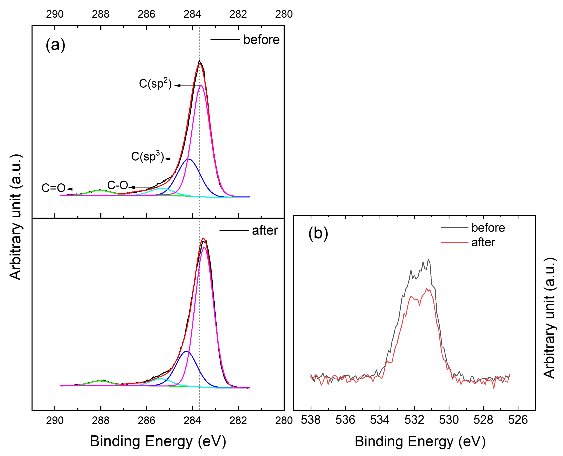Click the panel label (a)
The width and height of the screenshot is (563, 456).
(x=55, y=45)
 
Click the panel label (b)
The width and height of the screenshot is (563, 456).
(x=318, y=233)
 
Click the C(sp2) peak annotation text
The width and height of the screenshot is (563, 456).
(x=155, y=84)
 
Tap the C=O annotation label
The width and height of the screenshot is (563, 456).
(x=54, y=188)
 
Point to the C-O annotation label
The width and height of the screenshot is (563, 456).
(x=118, y=186)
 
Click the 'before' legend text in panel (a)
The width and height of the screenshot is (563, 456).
(x=261, y=40)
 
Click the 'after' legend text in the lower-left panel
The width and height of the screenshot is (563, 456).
(x=265, y=231)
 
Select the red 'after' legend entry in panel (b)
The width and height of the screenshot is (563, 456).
(x=483, y=242)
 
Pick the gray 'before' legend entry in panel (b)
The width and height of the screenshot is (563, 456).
(x=488, y=227)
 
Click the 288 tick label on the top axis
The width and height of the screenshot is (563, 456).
(x=101, y=14)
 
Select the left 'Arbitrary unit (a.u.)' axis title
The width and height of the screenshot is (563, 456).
(x=16, y=217)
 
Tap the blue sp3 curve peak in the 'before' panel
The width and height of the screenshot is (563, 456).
(x=188, y=159)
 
